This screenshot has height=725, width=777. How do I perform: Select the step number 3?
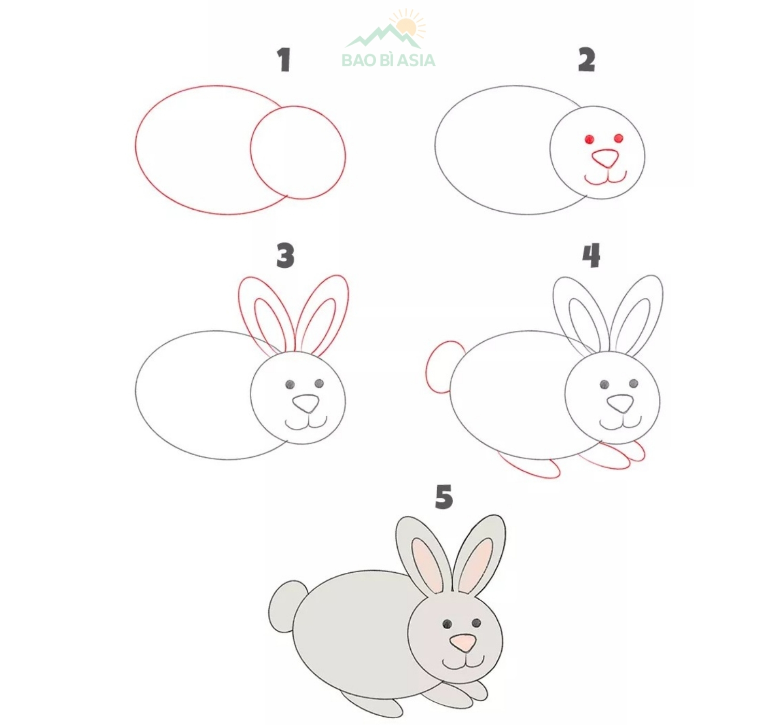[x=285, y=256]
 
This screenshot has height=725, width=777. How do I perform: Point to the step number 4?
[x=591, y=255]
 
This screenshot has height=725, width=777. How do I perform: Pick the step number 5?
[x=444, y=497]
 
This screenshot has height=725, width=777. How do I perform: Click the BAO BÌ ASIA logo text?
[x=388, y=61]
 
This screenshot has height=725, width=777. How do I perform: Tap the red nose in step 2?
[x=606, y=158]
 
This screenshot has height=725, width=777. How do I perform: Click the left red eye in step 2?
[x=589, y=139]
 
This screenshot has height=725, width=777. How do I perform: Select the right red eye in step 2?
[x=618, y=138]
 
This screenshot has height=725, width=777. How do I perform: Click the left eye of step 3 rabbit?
[x=290, y=384]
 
